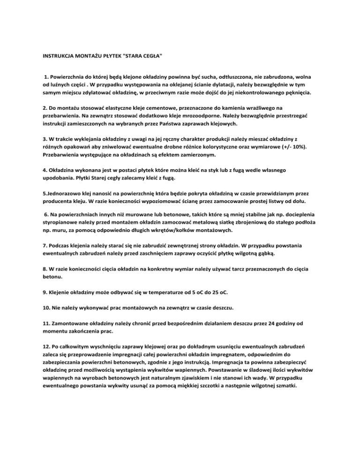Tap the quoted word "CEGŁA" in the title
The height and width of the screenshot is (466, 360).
click(x=151, y=56)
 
